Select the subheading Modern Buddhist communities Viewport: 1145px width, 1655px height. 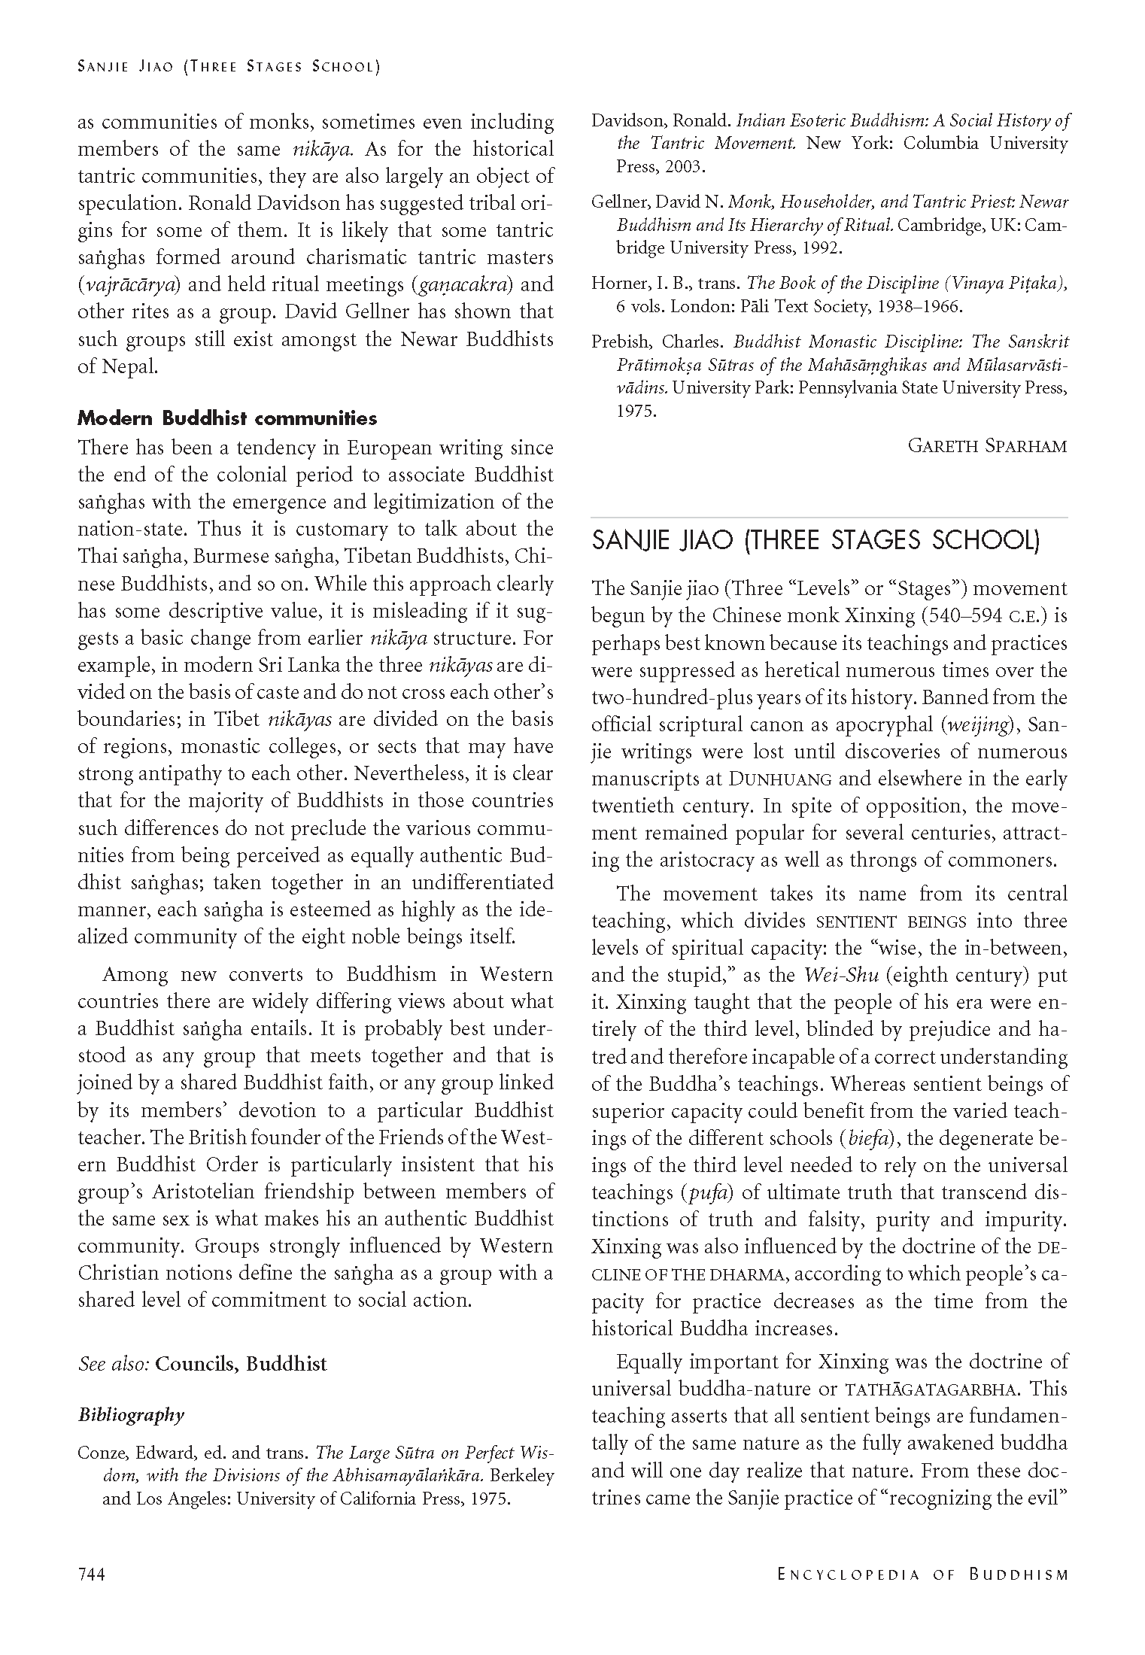[x=227, y=418]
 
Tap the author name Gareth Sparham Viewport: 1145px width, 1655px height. [x=987, y=446]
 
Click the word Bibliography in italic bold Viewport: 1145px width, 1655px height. [x=131, y=1414]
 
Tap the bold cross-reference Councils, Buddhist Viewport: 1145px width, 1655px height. [x=241, y=1364]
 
